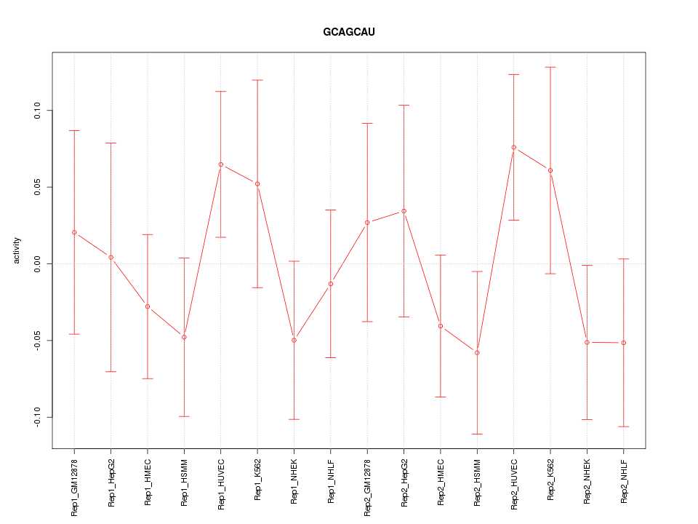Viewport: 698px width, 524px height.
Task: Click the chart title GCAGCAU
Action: pos(349,32)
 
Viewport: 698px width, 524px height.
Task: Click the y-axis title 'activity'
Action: pos(17,250)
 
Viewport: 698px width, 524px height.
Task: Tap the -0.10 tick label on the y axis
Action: pos(38,417)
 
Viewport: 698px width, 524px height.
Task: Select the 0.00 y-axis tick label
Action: pos(38,263)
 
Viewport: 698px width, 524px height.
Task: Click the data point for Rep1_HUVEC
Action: pos(221,164)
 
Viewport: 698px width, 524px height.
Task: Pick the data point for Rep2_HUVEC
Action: pos(514,148)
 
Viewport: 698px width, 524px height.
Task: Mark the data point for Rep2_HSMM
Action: pos(477,352)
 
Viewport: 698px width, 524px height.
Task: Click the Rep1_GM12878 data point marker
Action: pos(74,232)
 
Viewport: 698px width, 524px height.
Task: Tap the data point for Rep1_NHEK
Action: pos(294,340)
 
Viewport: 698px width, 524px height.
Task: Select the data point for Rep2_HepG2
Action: pos(404,211)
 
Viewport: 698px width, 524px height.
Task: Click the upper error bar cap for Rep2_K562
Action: pos(550,67)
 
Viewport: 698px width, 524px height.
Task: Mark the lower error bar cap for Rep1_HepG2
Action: pos(111,371)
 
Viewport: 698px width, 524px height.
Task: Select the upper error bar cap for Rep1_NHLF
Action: pos(331,210)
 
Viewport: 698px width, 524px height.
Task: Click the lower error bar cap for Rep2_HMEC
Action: pos(441,397)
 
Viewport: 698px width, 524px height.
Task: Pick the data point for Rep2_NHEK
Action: pos(587,342)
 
